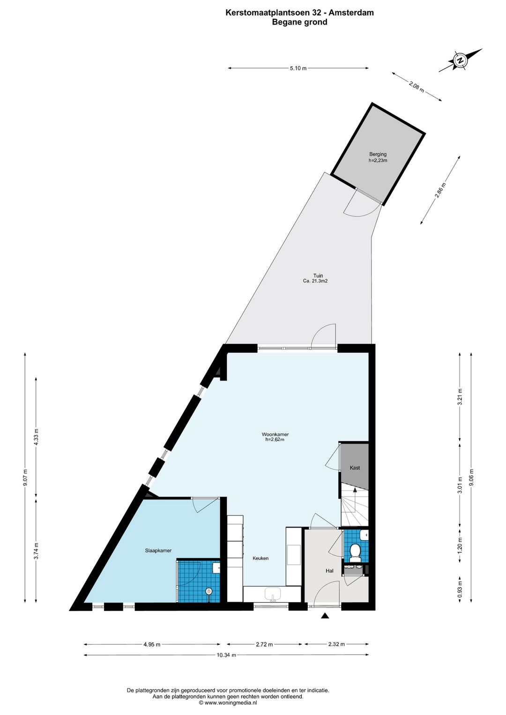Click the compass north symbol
coord(460,60)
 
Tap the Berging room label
coord(378,155)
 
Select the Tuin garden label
coord(318,276)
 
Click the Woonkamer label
coord(275,434)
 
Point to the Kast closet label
coord(355,468)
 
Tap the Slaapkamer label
coord(158,551)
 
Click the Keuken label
coord(260,559)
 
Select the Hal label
coord(329,571)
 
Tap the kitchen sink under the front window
coord(273,594)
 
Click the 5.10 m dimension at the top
coord(298,68)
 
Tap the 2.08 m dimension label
coord(417,87)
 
